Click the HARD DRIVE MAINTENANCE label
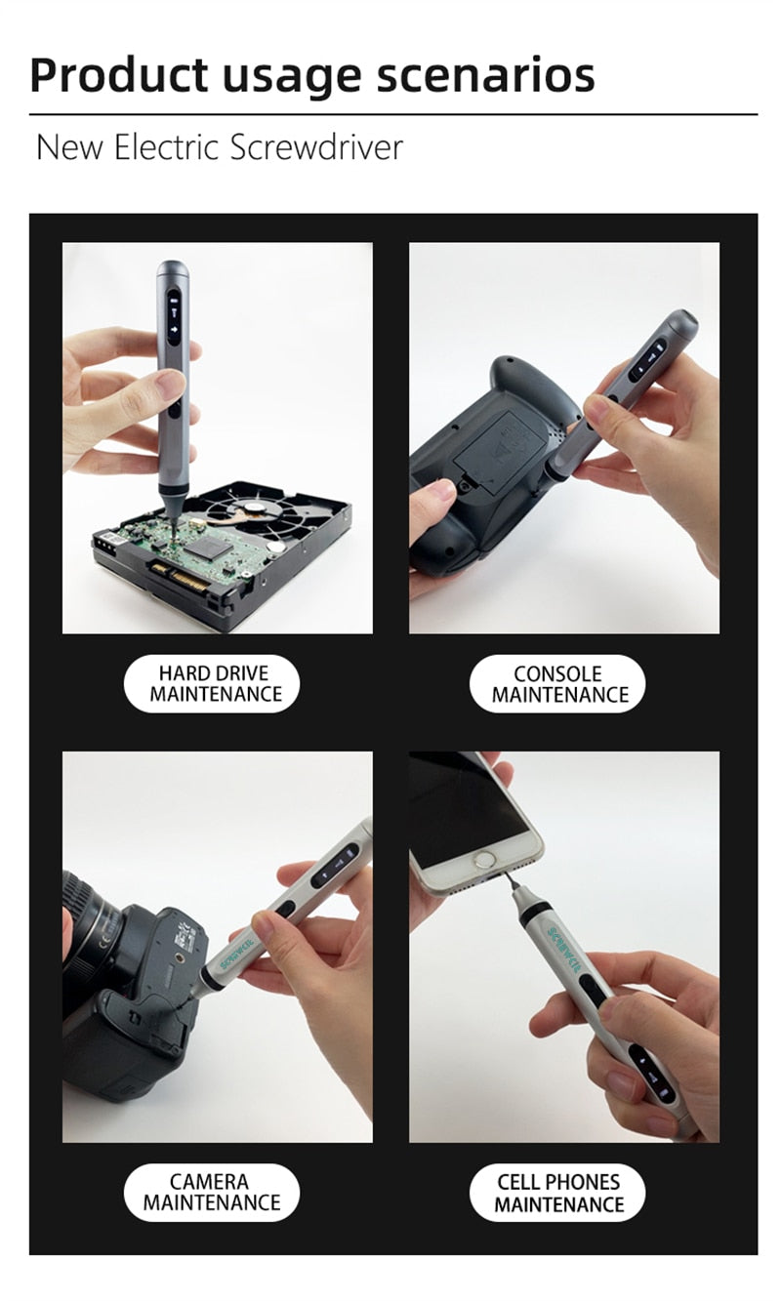coord(211,684)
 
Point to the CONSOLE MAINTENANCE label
coord(557,684)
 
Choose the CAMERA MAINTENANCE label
coord(211,1193)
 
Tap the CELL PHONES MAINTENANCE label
coord(557,1193)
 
